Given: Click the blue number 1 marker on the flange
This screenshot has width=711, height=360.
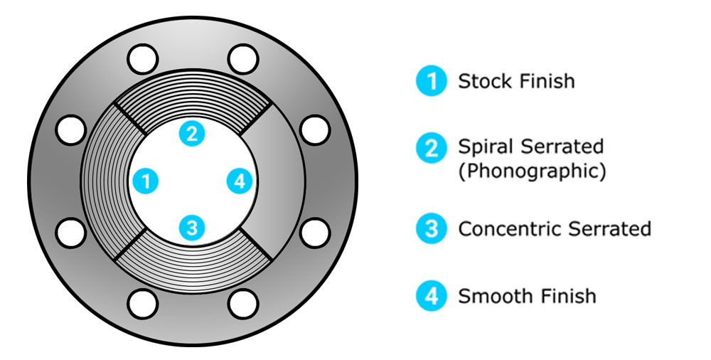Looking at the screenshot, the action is (x=146, y=181).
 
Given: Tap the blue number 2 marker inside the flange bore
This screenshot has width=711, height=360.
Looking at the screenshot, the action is (x=192, y=134).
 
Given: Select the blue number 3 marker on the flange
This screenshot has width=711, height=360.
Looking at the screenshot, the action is (x=192, y=228).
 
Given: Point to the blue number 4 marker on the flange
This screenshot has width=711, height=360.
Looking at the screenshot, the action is (x=240, y=181).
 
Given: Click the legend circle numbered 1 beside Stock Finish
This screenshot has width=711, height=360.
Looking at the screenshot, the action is (x=432, y=81).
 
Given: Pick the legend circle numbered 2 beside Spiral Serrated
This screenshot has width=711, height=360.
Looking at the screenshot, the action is (x=432, y=147).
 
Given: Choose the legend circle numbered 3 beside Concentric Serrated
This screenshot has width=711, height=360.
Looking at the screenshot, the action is (x=432, y=228).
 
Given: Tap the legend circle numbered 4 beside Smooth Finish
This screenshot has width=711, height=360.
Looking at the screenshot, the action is (x=432, y=296).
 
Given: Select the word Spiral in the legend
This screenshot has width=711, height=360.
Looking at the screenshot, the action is (x=486, y=147).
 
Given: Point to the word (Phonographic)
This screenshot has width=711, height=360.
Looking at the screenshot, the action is (x=532, y=171).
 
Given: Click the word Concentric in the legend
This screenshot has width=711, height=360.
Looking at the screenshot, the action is (x=510, y=229).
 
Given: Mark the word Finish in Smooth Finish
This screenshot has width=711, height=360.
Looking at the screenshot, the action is (x=562, y=296).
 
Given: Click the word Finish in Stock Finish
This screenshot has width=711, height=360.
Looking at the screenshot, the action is (x=547, y=81).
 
